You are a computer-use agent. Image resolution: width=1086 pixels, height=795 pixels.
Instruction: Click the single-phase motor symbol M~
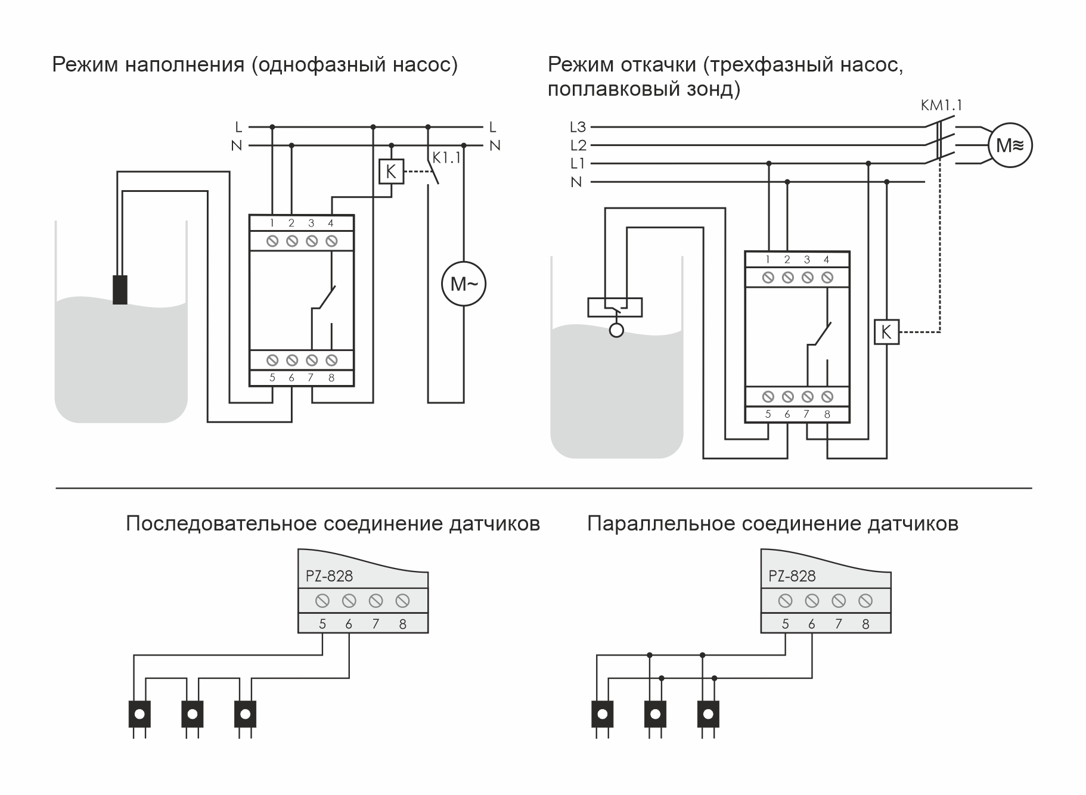[464, 284]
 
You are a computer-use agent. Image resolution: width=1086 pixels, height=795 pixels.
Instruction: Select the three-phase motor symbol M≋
[1010, 145]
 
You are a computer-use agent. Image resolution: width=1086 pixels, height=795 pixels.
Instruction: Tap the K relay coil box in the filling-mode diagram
[391, 172]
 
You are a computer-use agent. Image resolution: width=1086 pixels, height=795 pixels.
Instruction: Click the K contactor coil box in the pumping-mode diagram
[886, 332]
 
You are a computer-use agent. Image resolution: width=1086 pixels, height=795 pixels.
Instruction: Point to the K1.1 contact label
[446, 158]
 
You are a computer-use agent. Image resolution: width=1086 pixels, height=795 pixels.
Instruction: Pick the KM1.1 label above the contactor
[941, 105]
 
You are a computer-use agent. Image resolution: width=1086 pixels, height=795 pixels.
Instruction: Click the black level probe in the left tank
[120, 290]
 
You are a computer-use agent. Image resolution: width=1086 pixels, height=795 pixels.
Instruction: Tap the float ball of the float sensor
[616, 330]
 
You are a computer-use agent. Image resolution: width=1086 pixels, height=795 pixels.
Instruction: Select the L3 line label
[578, 127]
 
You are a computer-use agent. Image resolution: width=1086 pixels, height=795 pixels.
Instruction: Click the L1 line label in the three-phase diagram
[578, 164]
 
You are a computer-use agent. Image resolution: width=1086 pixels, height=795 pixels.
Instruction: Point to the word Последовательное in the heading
[221, 524]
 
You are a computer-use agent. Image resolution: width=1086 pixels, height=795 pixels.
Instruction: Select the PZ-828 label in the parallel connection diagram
[792, 576]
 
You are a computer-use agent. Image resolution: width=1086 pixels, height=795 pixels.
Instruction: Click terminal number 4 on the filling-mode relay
[331, 223]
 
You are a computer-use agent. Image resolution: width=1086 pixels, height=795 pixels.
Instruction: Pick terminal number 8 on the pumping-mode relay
[827, 414]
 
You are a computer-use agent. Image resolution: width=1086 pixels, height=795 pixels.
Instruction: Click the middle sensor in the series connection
[192, 714]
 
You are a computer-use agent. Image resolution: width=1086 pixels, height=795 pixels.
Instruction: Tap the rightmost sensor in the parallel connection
[708, 714]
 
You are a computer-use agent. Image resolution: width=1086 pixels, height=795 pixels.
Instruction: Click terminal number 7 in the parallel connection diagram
[839, 624]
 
